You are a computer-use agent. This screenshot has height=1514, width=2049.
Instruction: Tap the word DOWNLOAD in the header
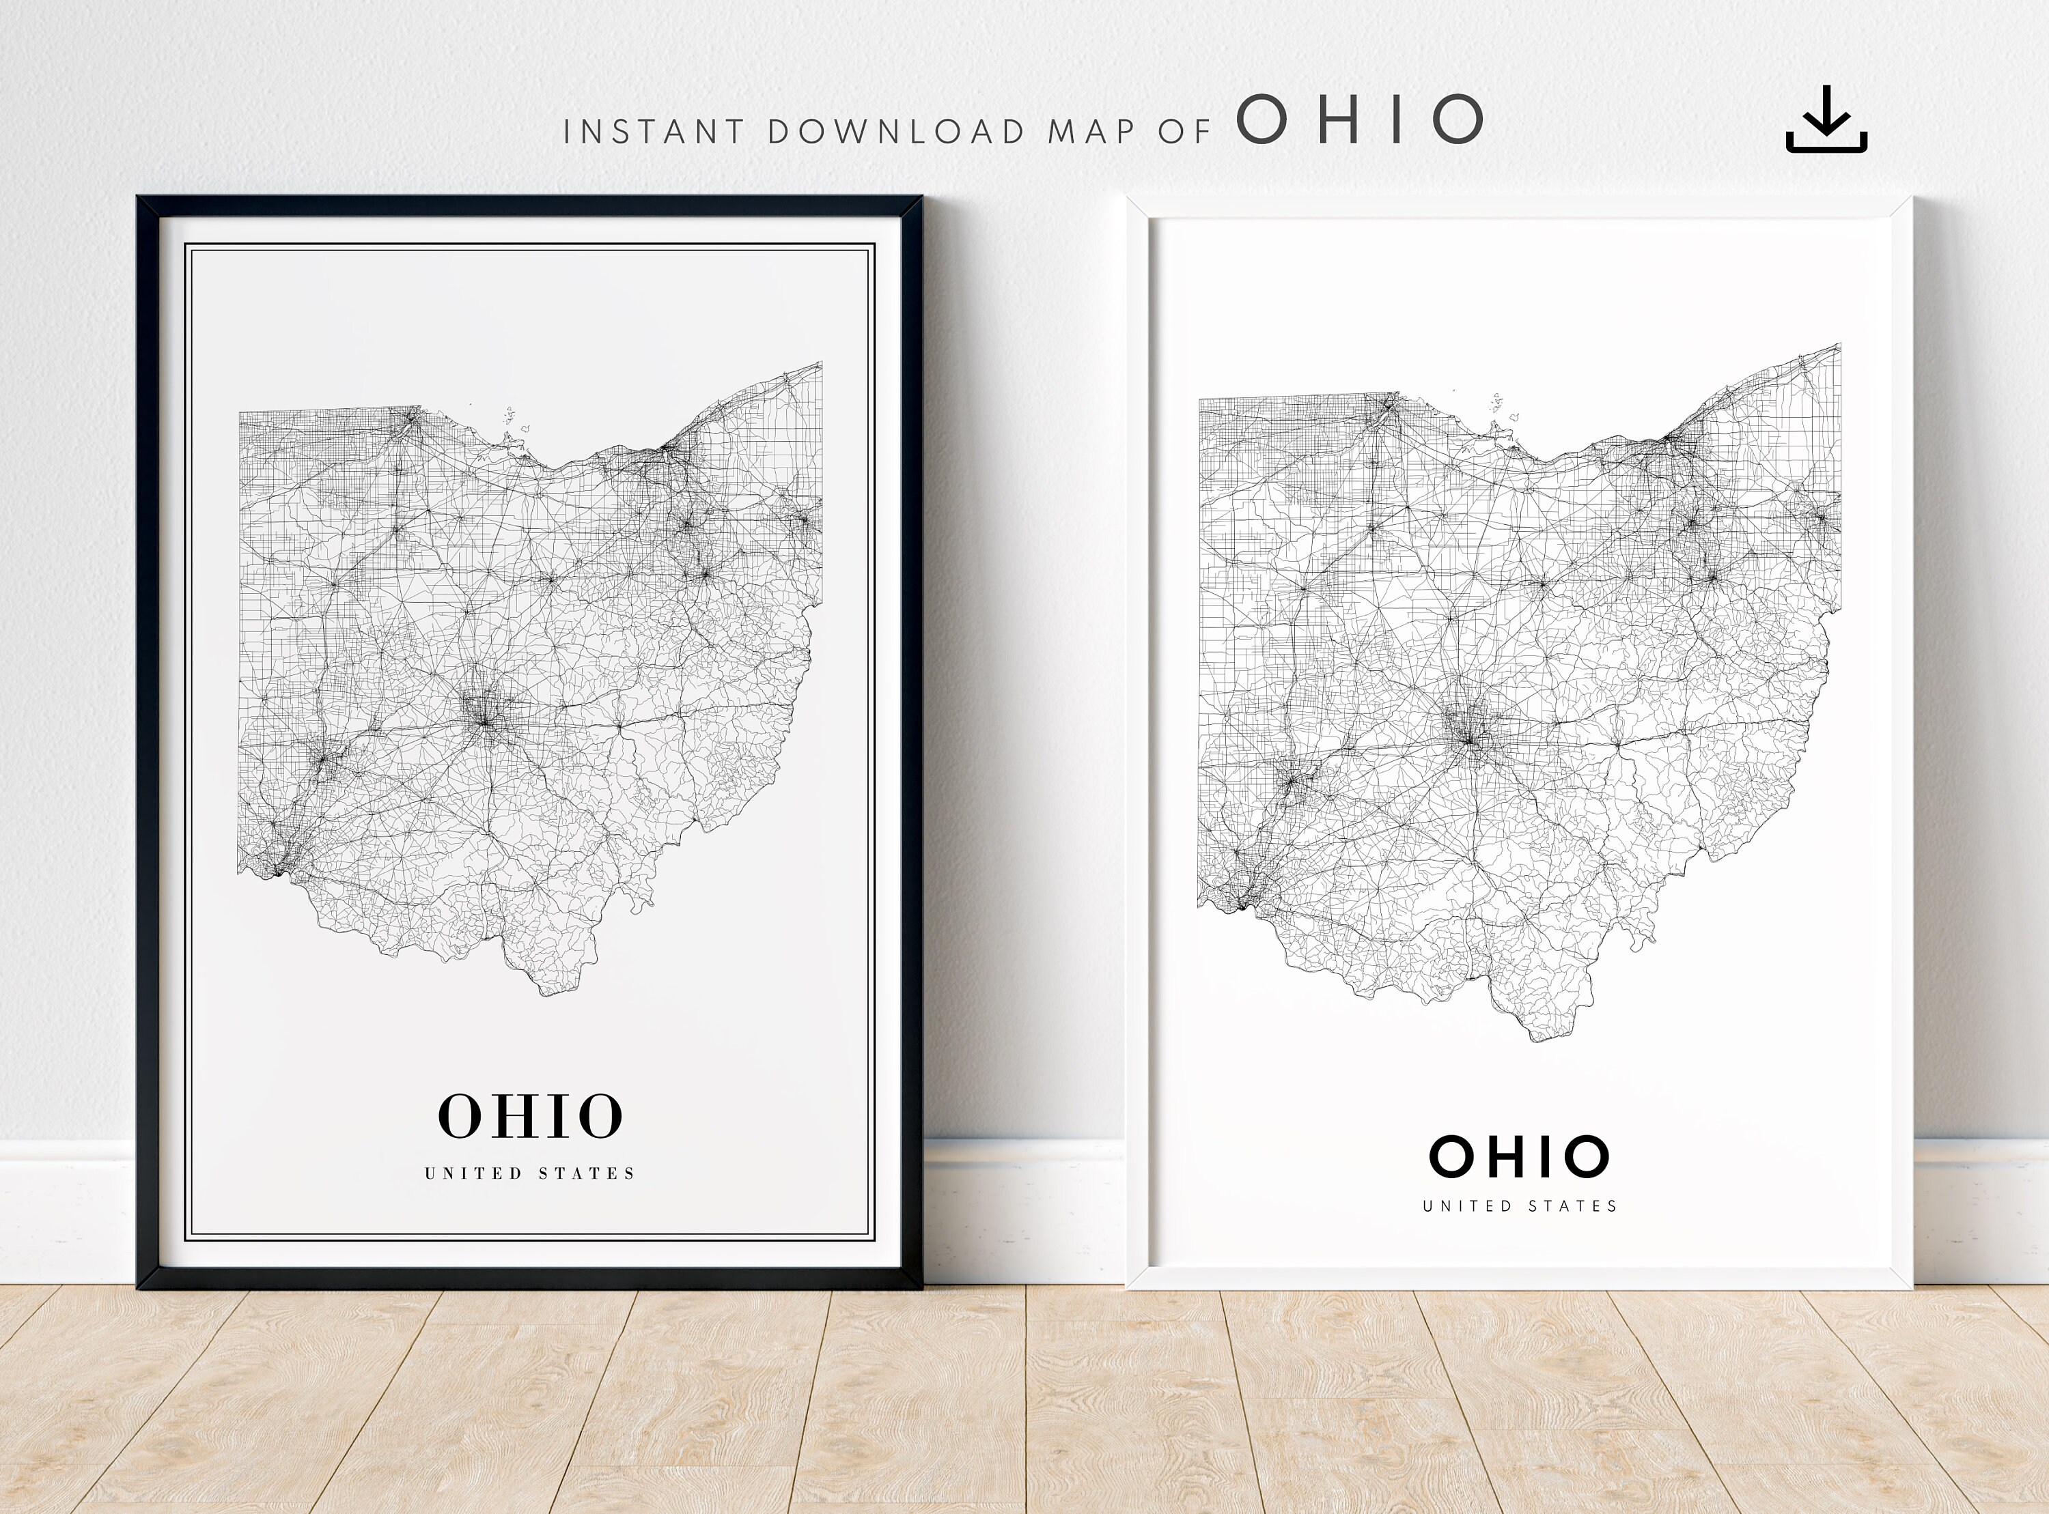(895, 132)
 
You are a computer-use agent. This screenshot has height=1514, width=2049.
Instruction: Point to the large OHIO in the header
(1360, 120)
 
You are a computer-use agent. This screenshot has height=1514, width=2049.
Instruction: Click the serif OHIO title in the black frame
(531, 1115)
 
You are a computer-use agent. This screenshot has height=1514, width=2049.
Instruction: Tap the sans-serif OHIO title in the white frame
(1519, 1156)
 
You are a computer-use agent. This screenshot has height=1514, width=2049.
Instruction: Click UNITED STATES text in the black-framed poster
(530, 1173)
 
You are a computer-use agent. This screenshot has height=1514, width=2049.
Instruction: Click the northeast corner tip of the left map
(820, 365)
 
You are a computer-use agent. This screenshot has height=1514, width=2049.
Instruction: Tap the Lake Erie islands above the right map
(1498, 403)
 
